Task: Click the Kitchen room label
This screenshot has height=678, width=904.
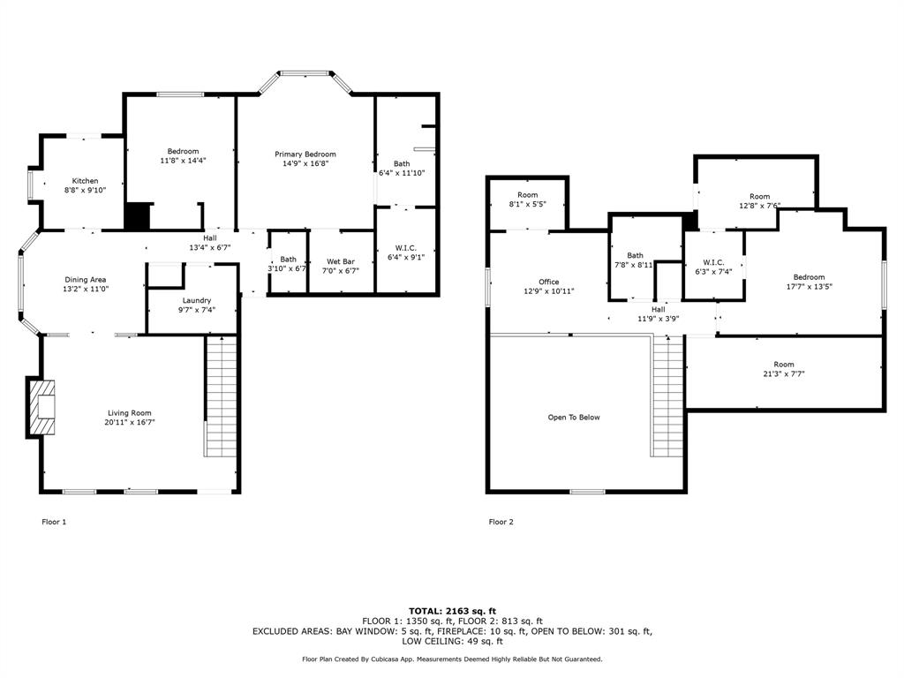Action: pos(85,181)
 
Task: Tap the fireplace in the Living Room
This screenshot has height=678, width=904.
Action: pos(41,408)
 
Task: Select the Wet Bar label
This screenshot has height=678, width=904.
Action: pos(341,261)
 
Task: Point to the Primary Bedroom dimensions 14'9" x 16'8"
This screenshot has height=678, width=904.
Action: pos(305,163)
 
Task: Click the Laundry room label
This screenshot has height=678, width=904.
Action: pos(197,300)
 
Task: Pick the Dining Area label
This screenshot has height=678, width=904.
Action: pos(86,280)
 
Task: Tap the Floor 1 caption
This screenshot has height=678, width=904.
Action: pos(54,522)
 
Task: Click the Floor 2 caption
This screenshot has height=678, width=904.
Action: pos(501,522)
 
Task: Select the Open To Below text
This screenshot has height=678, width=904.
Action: pos(574,418)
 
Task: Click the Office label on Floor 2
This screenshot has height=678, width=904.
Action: pos(549,282)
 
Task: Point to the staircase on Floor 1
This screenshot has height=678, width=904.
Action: pos(222,396)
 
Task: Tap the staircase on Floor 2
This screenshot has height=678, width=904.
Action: pos(668,396)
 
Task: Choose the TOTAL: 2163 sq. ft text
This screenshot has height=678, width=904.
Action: pos(452,611)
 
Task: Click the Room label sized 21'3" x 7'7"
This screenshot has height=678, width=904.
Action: pos(784,365)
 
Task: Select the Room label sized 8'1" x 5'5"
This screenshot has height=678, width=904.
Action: pos(528,195)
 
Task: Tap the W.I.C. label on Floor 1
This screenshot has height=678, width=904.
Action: pos(406,248)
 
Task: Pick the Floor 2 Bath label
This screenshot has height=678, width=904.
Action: pos(636,255)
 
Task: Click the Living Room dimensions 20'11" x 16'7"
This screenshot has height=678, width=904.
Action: pos(130,422)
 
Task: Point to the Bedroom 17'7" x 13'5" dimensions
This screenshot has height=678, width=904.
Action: pos(810,287)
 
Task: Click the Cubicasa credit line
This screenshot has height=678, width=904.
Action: pos(452,659)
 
